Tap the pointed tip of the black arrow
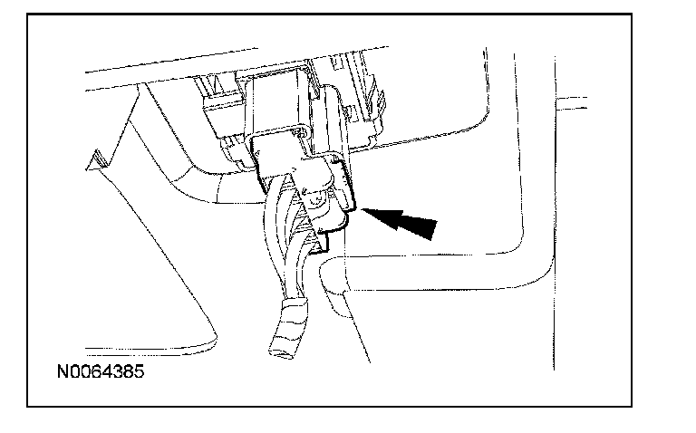pos(364,209)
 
